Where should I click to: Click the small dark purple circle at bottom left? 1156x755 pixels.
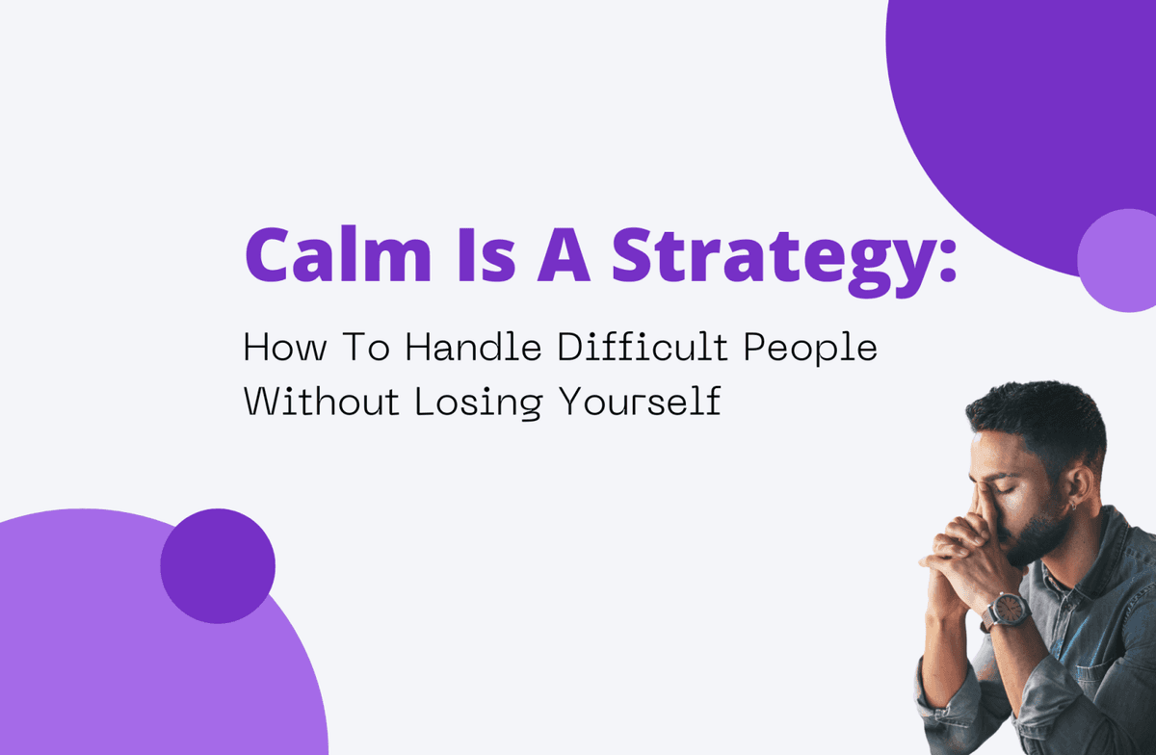click(218, 565)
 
